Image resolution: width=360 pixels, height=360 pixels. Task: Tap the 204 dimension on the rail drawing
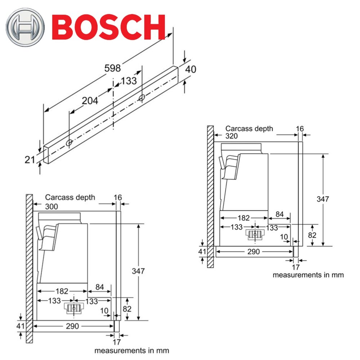pyautogui.click(x=90, y=101)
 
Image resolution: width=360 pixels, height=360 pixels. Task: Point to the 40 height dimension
pyautogui.click(x=190, y=69)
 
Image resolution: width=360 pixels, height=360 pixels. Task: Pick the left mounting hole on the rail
pyautogui.click(x=69, y=143)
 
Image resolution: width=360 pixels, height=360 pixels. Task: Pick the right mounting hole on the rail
pyautogui.click(x=142, y=97)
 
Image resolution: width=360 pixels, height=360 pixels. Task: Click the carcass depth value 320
pyautogui.click(x=233, y=136)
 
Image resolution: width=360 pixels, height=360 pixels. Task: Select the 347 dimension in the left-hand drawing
pyautogui.click(x=139, y=271)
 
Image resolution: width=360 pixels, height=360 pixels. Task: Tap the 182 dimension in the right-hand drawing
pyautogui.click(x=244, y=218)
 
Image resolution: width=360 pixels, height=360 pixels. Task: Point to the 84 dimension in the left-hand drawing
pyautogui.click(x=100, y=287)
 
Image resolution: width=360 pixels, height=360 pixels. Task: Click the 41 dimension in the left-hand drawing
pyautogui.click(x=20, y=326)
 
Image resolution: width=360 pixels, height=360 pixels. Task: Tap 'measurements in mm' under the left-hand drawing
pyautogui.click(x=131, y=350)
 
